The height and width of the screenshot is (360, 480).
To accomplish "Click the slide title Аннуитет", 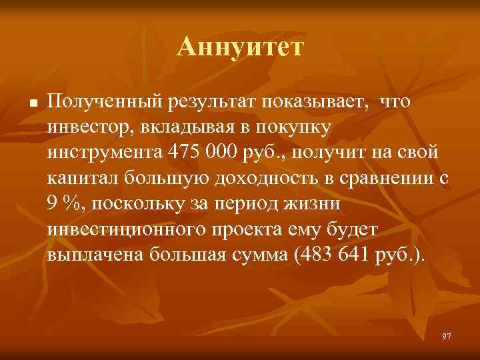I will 240,47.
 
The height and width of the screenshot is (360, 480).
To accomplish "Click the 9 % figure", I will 62,205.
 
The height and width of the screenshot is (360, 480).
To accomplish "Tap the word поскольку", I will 129,205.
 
